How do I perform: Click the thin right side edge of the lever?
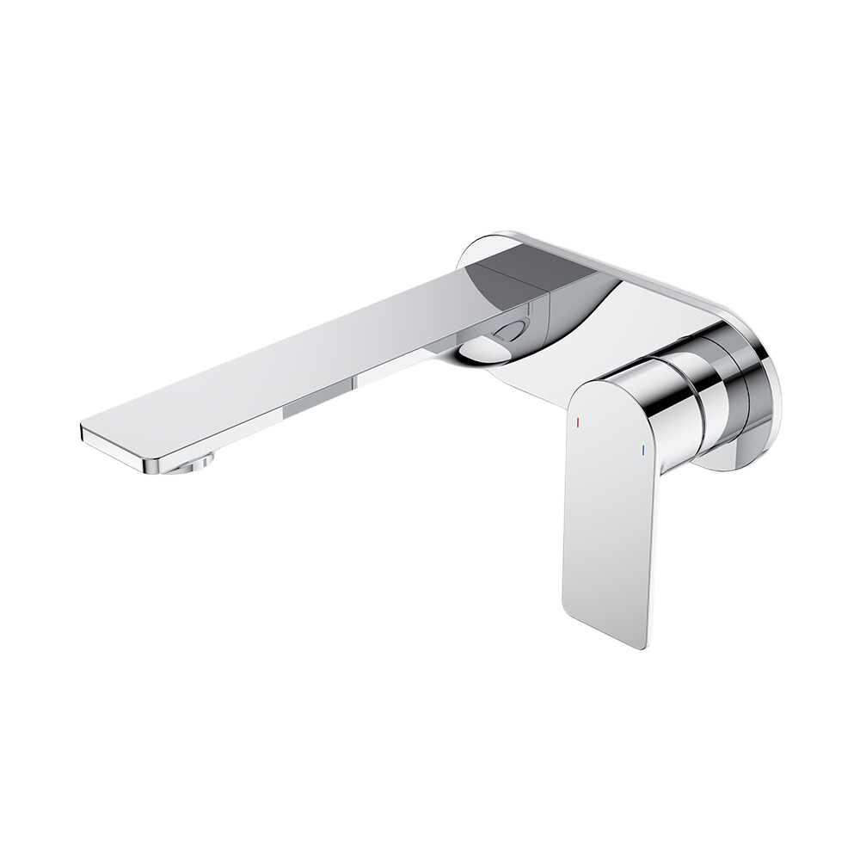658,550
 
